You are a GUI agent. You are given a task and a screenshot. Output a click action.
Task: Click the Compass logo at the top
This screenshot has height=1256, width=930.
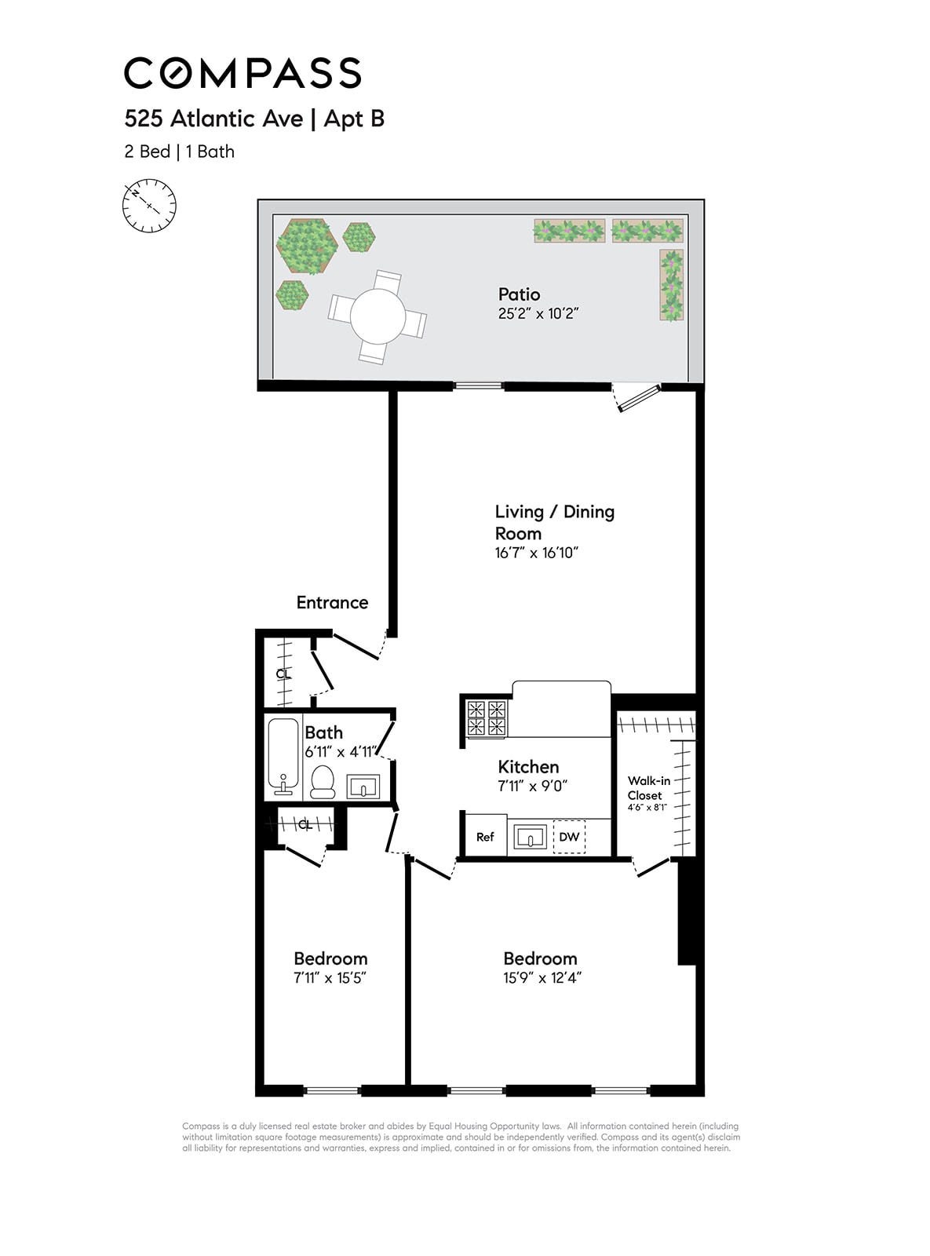pyautogui.click(x=243, y=73)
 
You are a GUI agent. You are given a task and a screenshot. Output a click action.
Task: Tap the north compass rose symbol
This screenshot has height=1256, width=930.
pyautogui.click(x=149, y=206)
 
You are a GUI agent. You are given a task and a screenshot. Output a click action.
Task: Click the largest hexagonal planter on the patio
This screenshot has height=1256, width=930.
pyautogui.click(x=307, y=246)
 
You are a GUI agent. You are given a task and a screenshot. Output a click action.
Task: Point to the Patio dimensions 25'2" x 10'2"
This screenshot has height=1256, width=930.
pyautogui.click(x=538, y=314)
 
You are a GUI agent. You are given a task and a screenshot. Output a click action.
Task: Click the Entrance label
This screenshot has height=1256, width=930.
pyautogui.click(x=332, y=603)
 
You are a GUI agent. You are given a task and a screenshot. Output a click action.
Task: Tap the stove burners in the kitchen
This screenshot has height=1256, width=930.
pyautogui.click(x=487, y=717)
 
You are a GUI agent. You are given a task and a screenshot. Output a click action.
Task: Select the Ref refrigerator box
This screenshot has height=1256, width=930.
pyautogui.click(x=485, y=837)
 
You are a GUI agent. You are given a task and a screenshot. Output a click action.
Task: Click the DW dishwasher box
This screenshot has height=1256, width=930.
pyautogui.click(x=569, y=837)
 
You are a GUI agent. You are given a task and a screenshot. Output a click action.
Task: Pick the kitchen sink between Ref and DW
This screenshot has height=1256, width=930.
pyautogui.click(x=531, y=837)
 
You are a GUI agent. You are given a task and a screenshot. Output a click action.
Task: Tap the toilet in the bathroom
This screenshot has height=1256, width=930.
pyautogui.click(x=323, y=782)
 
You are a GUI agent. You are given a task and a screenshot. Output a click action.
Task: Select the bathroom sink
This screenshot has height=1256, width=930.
pyautogui.click(x=363, y=786)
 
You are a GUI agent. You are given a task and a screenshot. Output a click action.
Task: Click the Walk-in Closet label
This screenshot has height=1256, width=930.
pyautogui.click(x=648, y=788)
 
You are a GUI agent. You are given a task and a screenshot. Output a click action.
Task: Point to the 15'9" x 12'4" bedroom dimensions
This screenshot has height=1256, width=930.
pyautogui.click(x=542, y=978)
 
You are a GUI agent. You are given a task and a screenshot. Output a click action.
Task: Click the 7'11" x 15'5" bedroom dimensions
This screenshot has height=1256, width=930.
pyautogui.click(x=330, y=978)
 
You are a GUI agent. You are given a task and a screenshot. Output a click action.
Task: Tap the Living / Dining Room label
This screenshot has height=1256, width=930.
pyautogui.click(x=554, y=522)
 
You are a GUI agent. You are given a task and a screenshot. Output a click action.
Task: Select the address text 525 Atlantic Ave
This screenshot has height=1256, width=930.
pyautogui.click(x=213, y=119)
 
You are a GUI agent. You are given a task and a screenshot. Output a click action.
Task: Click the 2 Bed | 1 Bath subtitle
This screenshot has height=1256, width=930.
pyautogui.click(x=179, y=152)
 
